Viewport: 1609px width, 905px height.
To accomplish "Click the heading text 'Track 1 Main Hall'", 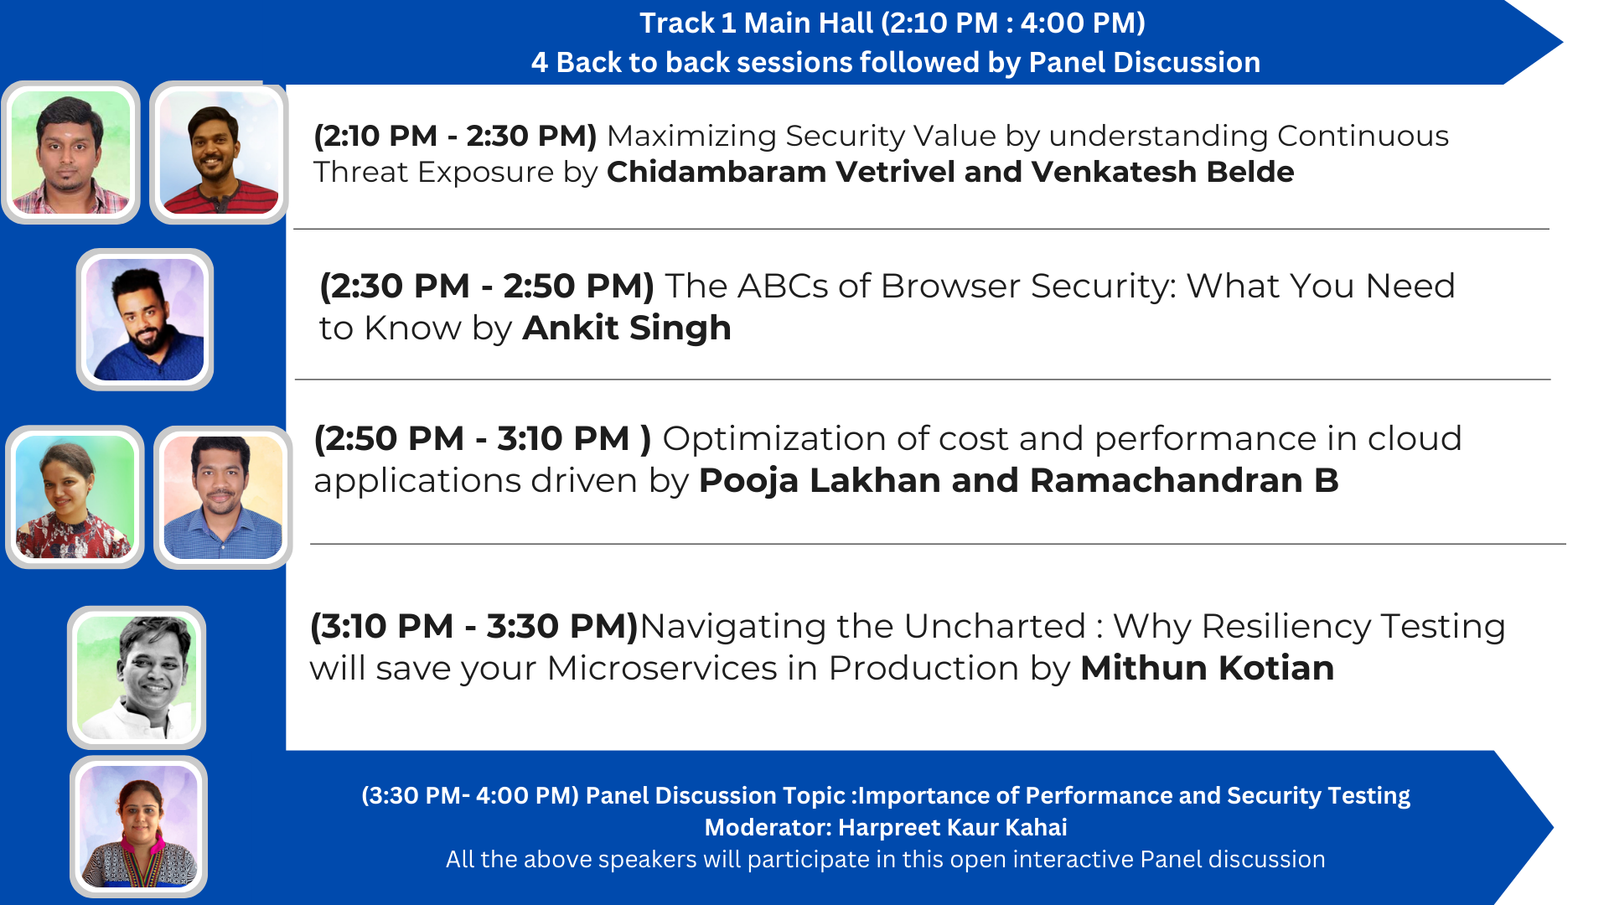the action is [756, 23].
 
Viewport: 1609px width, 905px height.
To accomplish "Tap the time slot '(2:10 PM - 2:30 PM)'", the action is [455, 136].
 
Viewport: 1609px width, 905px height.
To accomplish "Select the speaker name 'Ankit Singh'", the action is [627, 328].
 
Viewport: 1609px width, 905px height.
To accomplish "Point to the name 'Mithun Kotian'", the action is [1207, 668].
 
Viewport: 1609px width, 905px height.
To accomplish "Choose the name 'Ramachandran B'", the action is [1184, 480].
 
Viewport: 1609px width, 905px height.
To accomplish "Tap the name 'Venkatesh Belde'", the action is [1162, 172].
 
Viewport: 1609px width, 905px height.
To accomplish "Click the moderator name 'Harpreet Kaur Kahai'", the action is [953, 827].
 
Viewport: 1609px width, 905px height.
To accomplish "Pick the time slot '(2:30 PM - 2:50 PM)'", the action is [487, 287].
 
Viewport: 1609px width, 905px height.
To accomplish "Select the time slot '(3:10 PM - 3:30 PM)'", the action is [474, 626].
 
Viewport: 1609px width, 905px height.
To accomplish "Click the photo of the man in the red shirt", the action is [219, 153].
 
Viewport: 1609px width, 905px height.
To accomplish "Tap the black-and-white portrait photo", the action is [137, 677].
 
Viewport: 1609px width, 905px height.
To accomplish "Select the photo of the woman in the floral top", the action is [75, 497].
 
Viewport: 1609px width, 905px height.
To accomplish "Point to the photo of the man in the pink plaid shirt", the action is [70, 153].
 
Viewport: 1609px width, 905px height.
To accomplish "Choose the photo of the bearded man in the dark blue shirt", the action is [145, 319].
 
